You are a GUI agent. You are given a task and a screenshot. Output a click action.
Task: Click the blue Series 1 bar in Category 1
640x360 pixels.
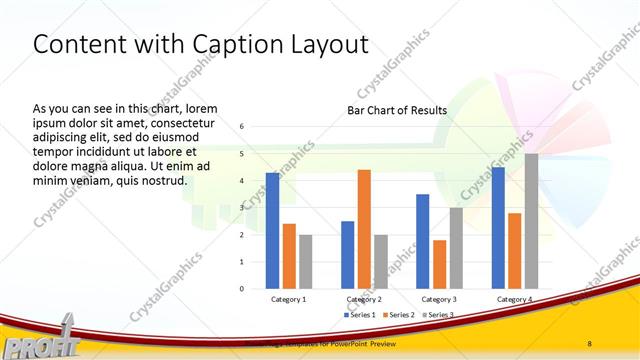272,230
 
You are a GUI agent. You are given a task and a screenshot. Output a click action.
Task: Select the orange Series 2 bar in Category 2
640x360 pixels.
364,229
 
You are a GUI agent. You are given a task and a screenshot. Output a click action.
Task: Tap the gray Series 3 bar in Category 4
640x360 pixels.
531,221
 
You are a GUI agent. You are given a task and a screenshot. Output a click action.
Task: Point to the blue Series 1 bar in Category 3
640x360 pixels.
422,241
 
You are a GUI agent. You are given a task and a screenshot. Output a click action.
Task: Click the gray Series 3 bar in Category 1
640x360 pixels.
305,261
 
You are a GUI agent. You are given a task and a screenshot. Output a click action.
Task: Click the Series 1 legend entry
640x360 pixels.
361,315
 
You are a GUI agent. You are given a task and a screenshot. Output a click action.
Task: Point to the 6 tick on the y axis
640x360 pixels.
242,127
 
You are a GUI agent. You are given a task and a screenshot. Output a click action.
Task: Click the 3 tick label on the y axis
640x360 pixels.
242,208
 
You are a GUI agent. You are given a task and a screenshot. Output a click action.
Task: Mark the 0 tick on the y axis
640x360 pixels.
242,289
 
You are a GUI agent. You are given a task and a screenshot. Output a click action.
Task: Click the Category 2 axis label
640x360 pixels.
364,299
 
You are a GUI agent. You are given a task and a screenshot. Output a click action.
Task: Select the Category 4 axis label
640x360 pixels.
514,299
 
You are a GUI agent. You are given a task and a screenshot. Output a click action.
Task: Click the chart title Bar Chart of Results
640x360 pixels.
397,110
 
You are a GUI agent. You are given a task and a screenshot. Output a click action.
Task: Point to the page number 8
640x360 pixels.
590,343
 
